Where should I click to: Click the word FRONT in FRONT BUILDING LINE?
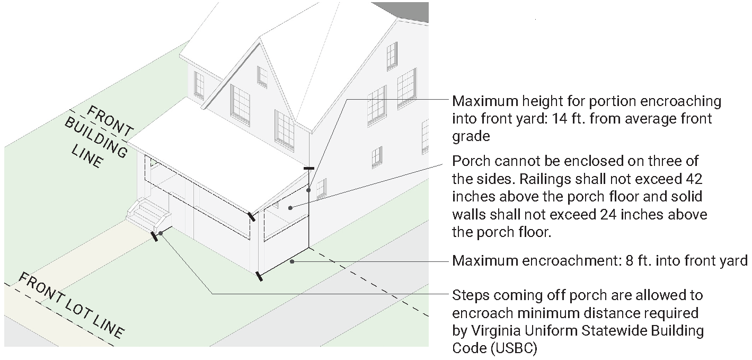click(x=110, y=121)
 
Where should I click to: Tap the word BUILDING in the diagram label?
click(x=96, y=138)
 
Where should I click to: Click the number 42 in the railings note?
click(x=693, y=179)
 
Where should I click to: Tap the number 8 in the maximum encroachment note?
click(x=630, y=261)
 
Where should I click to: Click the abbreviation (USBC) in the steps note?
click(x=514, y=348)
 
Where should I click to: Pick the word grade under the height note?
click(x=471, y=137)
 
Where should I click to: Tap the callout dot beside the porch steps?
click(x=161, y=233)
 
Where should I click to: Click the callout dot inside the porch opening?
click(x=290, y=208)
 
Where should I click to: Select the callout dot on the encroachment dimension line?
click(x=292, y=261)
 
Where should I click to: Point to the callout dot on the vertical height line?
click(x=308, y=190)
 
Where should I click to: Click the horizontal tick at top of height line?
click(x=309, y=168)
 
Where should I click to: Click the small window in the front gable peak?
click(x=262, y=76)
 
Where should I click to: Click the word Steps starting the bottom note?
click(x=471, y=296)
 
